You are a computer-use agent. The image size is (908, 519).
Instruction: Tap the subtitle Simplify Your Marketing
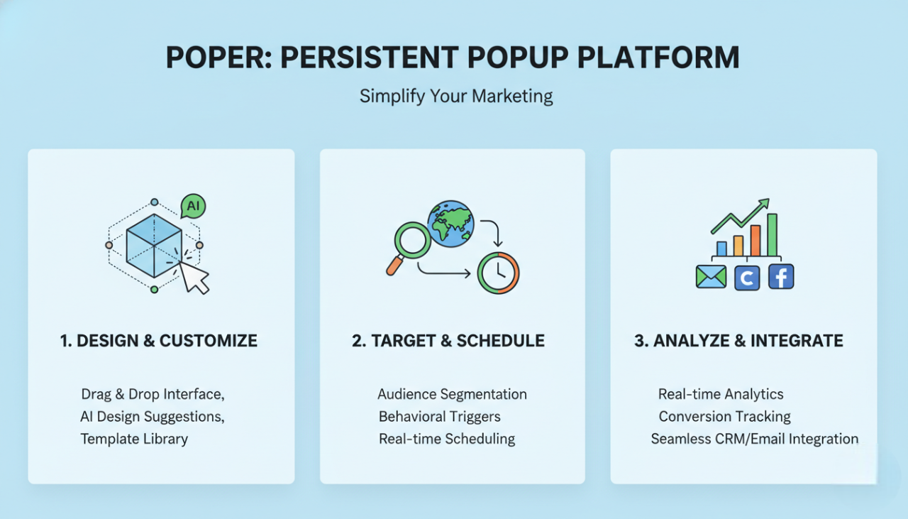coord(455,96)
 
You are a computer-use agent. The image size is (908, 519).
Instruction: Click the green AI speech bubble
coord(193,207)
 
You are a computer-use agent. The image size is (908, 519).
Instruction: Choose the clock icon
coord(498,272)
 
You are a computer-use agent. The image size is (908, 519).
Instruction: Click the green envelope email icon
coord(711,277)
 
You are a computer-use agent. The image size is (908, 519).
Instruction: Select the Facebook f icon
coord(780,277)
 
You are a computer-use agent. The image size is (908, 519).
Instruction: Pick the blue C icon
coord(746,278)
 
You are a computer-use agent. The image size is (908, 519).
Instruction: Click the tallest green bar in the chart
coord(772,234)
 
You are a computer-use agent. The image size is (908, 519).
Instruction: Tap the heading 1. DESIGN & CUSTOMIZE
coord(158,341)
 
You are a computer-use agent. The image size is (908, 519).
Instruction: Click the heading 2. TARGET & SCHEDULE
coord(448,341)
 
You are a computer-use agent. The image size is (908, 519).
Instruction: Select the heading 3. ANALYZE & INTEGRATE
coord(738,341)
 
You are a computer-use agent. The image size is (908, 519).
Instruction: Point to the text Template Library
coord(134,439)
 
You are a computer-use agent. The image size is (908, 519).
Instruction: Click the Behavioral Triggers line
coord(439,417)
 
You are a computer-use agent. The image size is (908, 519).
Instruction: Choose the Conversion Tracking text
coord(724,417)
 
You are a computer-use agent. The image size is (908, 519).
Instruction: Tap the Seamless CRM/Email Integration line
coord(754,439)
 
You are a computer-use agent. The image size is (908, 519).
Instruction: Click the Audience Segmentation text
coord(452,394)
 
